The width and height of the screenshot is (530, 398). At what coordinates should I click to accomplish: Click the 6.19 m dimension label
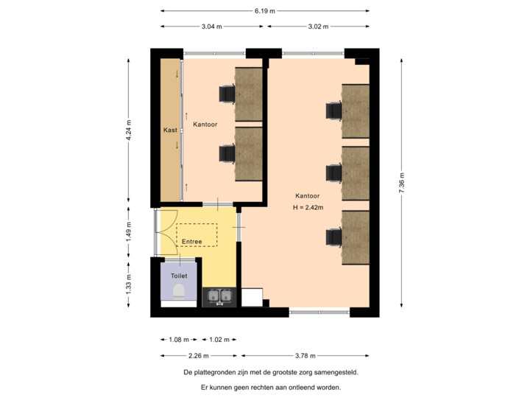coord(265,11)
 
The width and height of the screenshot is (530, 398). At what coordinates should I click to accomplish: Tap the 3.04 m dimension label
coord(211,27)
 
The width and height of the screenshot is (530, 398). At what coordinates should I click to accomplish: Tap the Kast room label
coord(170,130)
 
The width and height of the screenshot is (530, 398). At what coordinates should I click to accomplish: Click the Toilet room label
coord(179,276)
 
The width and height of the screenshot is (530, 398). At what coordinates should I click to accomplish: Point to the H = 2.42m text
coord(308,208)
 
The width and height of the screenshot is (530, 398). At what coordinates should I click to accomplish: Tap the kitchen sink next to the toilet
coord(219,296)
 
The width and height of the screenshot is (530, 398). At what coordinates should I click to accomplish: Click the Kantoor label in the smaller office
coord(205,125)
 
